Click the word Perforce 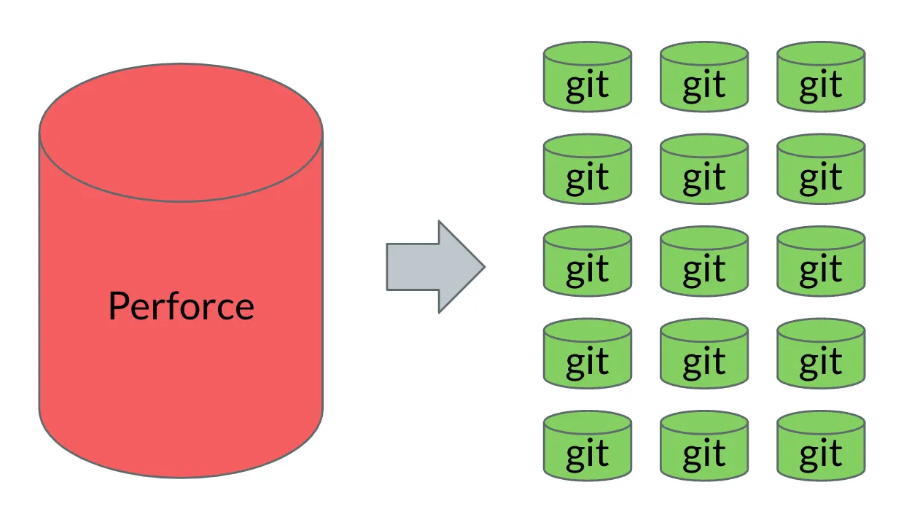coord(181,306)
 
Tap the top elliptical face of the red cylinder coord(181,132)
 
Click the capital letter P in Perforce coord(118,306)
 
